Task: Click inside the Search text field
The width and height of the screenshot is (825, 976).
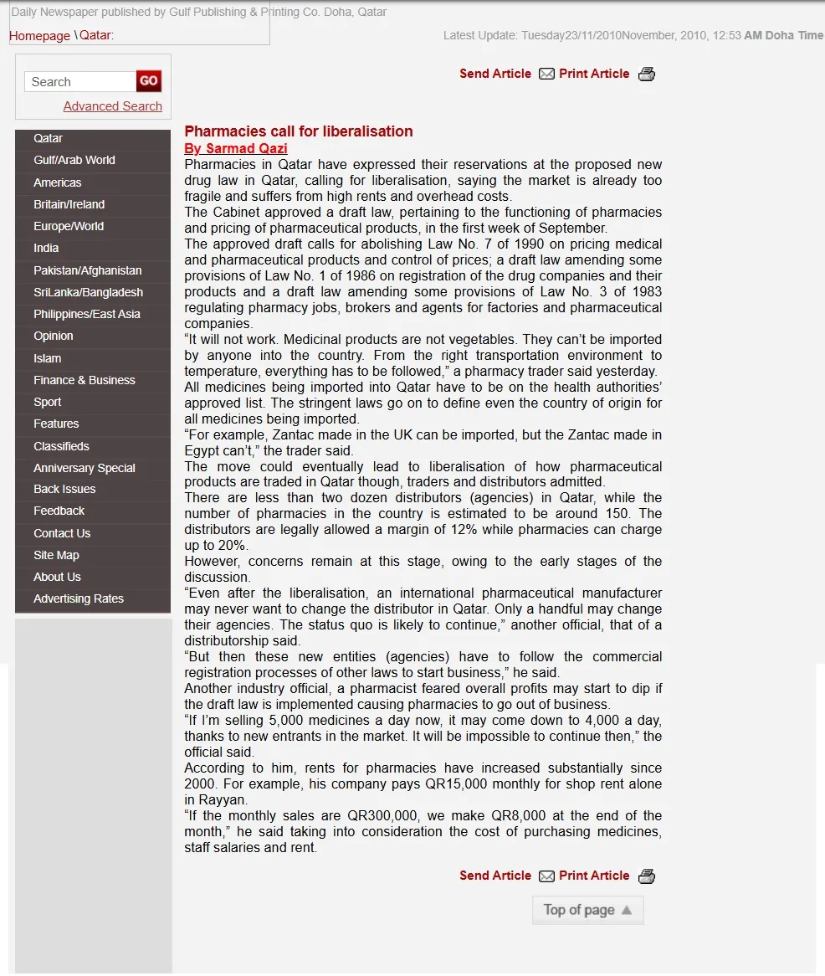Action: (80, 82)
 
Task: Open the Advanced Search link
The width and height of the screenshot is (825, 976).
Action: (113, 106)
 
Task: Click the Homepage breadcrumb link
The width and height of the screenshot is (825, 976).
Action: (39, 36)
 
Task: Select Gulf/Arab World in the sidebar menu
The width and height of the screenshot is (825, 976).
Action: (74, 160)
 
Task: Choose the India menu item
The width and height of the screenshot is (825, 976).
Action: (46, 248)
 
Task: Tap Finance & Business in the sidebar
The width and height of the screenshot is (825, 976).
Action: (85, 380)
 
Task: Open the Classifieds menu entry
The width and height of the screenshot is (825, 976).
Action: (61, 446)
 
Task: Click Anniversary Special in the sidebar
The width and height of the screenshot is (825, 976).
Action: (85, 468)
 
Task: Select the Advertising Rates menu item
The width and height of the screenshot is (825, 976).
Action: (79, 598)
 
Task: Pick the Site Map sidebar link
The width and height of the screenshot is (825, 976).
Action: (56, 555)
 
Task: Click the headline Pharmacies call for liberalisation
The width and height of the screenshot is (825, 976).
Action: (299, 131)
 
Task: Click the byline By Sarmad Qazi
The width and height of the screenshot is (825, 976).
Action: (236, 148)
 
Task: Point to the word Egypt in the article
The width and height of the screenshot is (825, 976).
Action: (205, 451)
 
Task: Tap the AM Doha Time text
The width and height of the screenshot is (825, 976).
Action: (783, 36)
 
